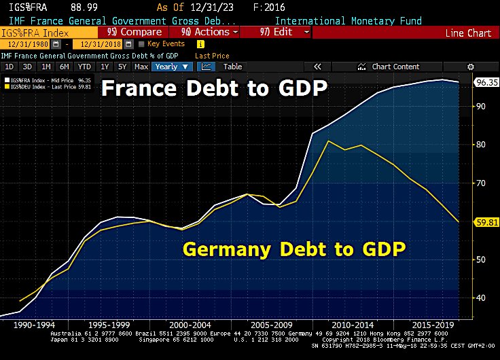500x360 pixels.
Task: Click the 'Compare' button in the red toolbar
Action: point(137,32)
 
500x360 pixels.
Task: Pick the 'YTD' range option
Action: point(84,67)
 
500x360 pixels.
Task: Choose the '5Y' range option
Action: point(122,67)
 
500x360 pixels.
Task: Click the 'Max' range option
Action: point(141,67)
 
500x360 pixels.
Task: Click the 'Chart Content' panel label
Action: point(395,67)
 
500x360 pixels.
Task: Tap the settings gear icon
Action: point(471,67)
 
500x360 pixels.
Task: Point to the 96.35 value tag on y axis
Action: point(486,82)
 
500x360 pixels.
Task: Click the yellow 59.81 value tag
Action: point(486,221)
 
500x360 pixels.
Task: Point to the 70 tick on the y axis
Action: point(481,183)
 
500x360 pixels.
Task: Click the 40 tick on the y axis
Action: point(481,298)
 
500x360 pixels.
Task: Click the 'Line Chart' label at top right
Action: point(467,33)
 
